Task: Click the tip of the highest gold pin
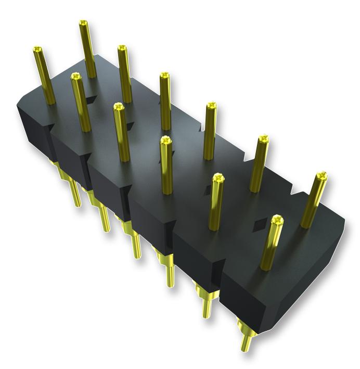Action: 83,23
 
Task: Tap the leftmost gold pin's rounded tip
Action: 38,49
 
